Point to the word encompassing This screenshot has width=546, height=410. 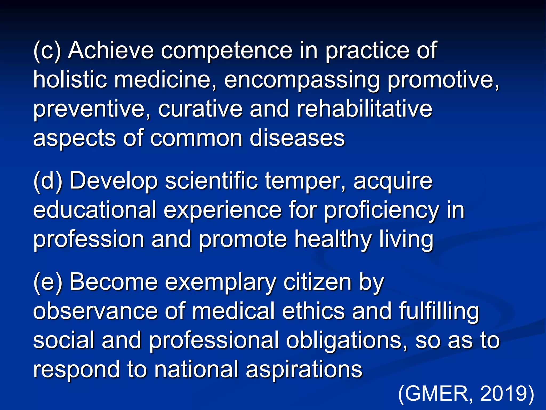(x=302, y=80)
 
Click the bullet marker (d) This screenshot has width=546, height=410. (x=48, y=181)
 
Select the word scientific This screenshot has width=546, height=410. (x=211, y=181)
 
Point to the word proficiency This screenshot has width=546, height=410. (x=381, y=211)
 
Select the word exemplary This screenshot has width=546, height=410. (x=220, y=283)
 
